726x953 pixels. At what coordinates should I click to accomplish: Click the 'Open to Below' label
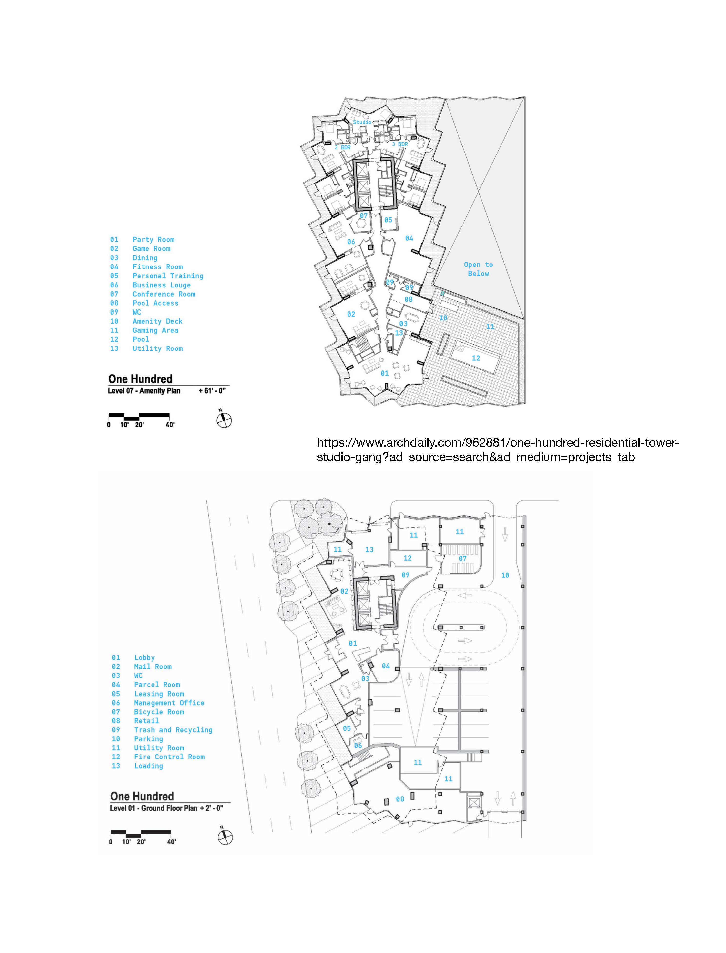pyautogui.click(x=478, y=269)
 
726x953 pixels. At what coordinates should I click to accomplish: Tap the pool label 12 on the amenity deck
pyautogui.click(x=476, y=358)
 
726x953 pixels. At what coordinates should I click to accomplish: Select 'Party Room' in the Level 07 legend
pyautogui.click(x=153, y=239)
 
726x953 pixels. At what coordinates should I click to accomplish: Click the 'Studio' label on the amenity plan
pyautogui.click(x=362, y=122)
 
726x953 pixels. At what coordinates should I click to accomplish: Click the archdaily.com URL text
pyautogui.click(x=498, y=450)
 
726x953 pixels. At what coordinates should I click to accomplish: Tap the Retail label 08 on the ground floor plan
pyautogui.click(x=400, y=799)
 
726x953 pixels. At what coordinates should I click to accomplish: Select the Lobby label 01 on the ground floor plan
pyautogui.click(x=353, y=644)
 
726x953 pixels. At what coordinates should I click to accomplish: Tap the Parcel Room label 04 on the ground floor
pyautogui.click(x=386, y=666)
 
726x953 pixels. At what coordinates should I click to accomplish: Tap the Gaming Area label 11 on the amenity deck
pyautogui.click(x=490, y=327)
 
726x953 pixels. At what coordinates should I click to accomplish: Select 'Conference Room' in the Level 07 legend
pyautogui.click(x=164, y=294)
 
